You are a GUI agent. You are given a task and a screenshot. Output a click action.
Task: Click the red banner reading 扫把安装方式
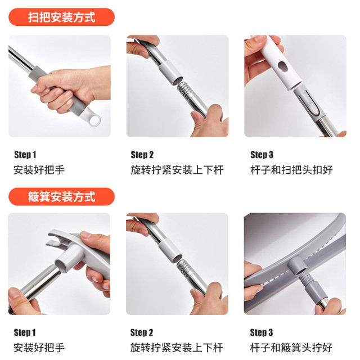tap(61, 17)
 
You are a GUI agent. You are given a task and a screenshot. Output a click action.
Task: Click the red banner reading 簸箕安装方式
tap(61, 196)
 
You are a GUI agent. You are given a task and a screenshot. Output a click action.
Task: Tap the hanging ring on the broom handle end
tap(95, 120)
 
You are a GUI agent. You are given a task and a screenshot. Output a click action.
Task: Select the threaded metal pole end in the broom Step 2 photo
tap(185, 91)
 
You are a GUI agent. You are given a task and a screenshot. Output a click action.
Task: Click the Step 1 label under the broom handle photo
tap(25, 155)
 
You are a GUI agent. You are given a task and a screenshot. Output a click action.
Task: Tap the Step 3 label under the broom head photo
tap(262, 155)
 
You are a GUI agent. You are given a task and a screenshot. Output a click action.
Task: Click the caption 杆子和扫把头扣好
tap(291, 170)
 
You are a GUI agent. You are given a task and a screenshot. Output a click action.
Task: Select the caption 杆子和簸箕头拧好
tap(291, 348)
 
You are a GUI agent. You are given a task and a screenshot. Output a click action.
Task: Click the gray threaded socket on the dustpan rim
tap(298, 267)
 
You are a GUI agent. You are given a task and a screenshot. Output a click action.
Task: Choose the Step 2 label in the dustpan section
tap(142, 332)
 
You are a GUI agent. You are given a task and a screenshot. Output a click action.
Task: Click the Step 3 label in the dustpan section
tap(261, 332)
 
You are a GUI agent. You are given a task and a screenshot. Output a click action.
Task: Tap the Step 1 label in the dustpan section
tap(25, 332)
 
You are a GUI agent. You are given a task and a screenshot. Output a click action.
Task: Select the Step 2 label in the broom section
tap(142, 155)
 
